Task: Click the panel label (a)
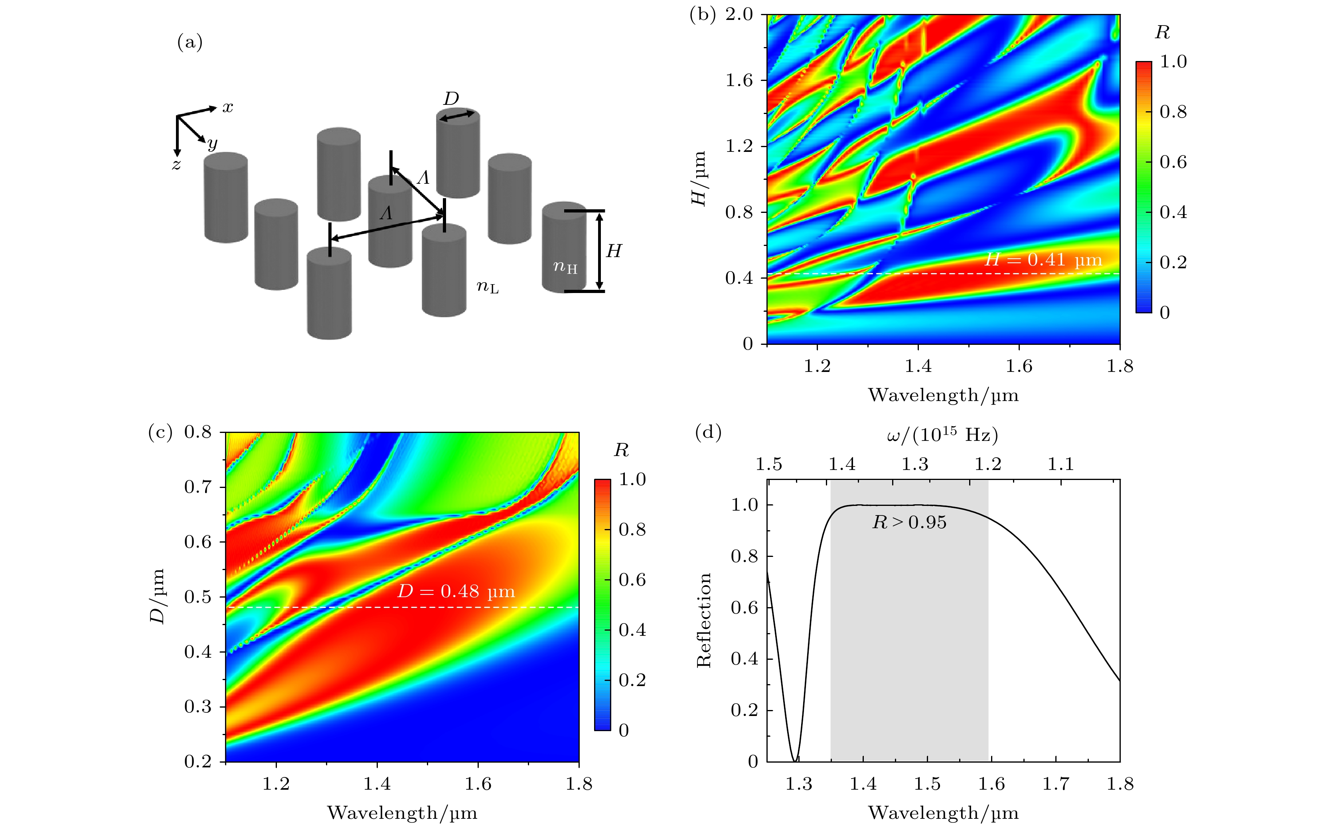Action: (x=190, y=42)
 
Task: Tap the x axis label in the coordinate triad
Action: (x=228, y=107)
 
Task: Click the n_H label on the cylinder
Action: (x=565, y=267)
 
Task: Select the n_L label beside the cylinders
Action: (x=487, y=286)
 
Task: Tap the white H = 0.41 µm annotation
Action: (x=1043, y=260)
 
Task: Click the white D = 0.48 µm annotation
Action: (x=456, y=592)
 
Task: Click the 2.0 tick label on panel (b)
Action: (x=739, y=15)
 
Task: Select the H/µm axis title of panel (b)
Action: (x=698, y=179)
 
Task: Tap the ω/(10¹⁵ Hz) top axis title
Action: (x=942, y=435)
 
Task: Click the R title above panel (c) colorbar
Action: (x=621, y=450)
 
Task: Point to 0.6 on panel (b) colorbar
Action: (x=1173, y=162)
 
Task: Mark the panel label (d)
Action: (x=708, y=433)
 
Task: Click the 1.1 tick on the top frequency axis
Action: (x=1061, y=464)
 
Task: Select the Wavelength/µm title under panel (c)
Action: (x=402, y=813)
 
